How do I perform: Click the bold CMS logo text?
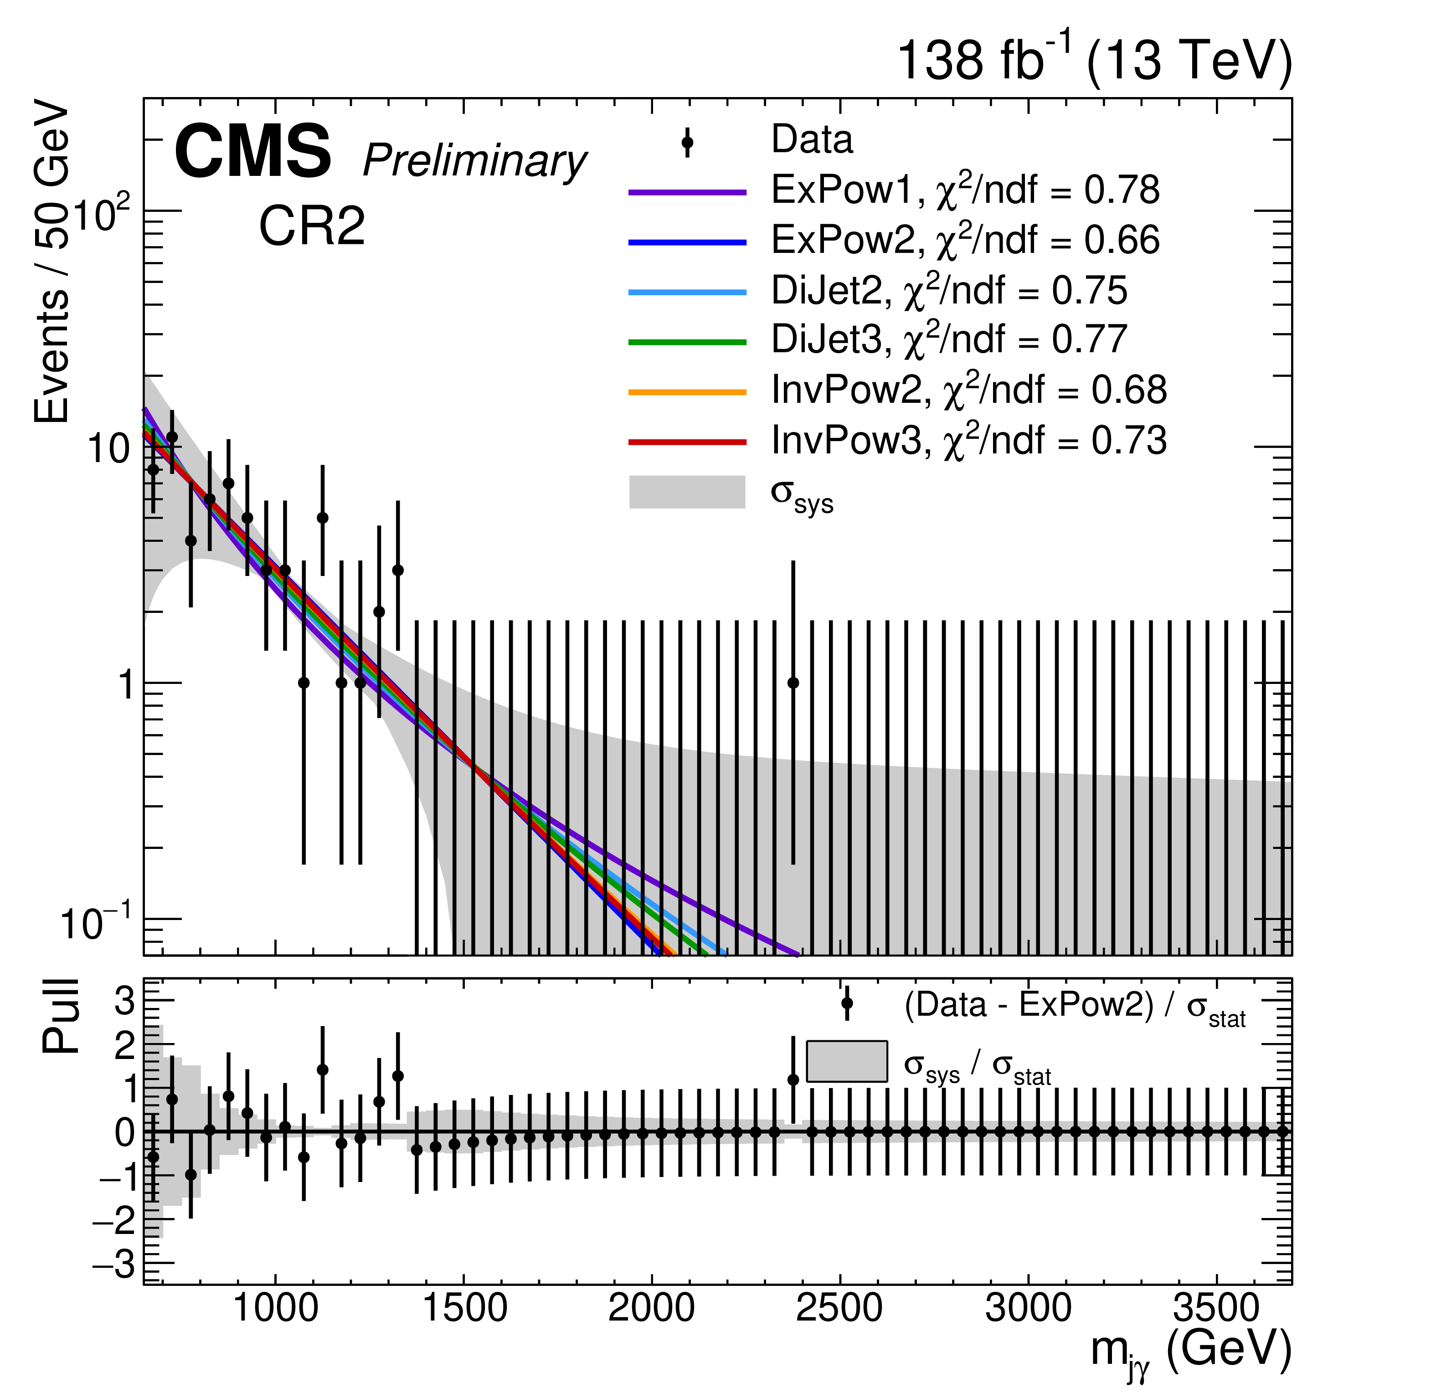[253, 152]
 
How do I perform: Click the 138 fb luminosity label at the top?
[1094, 60]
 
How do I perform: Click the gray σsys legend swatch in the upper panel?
[687, 492]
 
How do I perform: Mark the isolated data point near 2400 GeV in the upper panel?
[793, 683]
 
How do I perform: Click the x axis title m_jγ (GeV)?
[1190, 1350]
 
